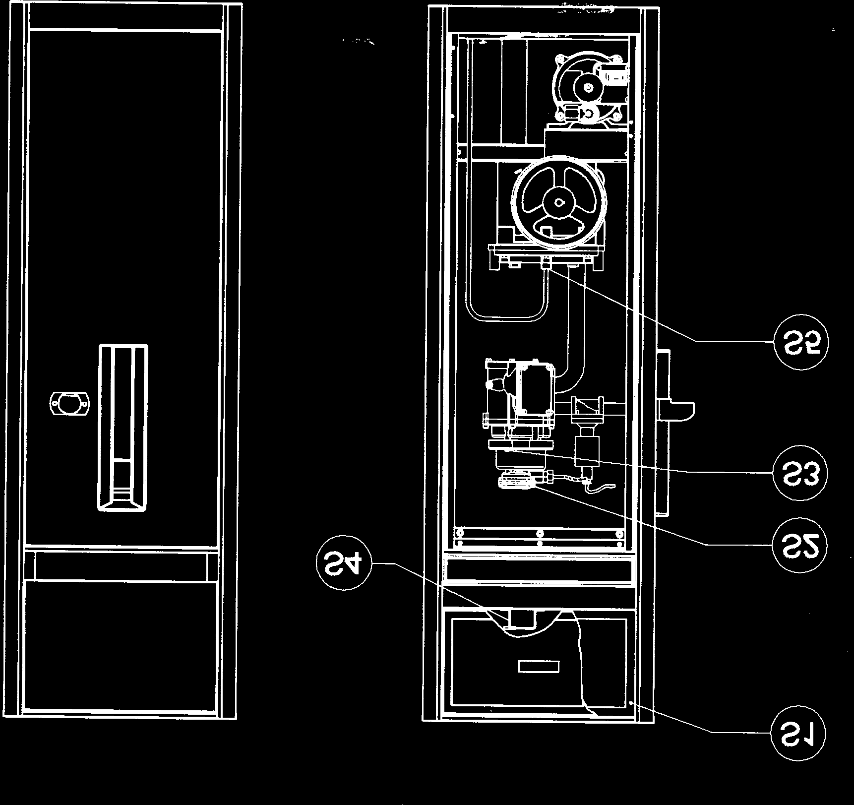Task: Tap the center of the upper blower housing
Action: pyautogui.click(x=588, y=87)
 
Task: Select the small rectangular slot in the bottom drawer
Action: pyautogui.click(x=539, y=666)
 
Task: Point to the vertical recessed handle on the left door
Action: pyautogui.click(x=123, y=427)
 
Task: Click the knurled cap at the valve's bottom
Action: pyautogui.click(x=516, y=482)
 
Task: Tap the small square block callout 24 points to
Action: pyautogui.click(x=521, y=619)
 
